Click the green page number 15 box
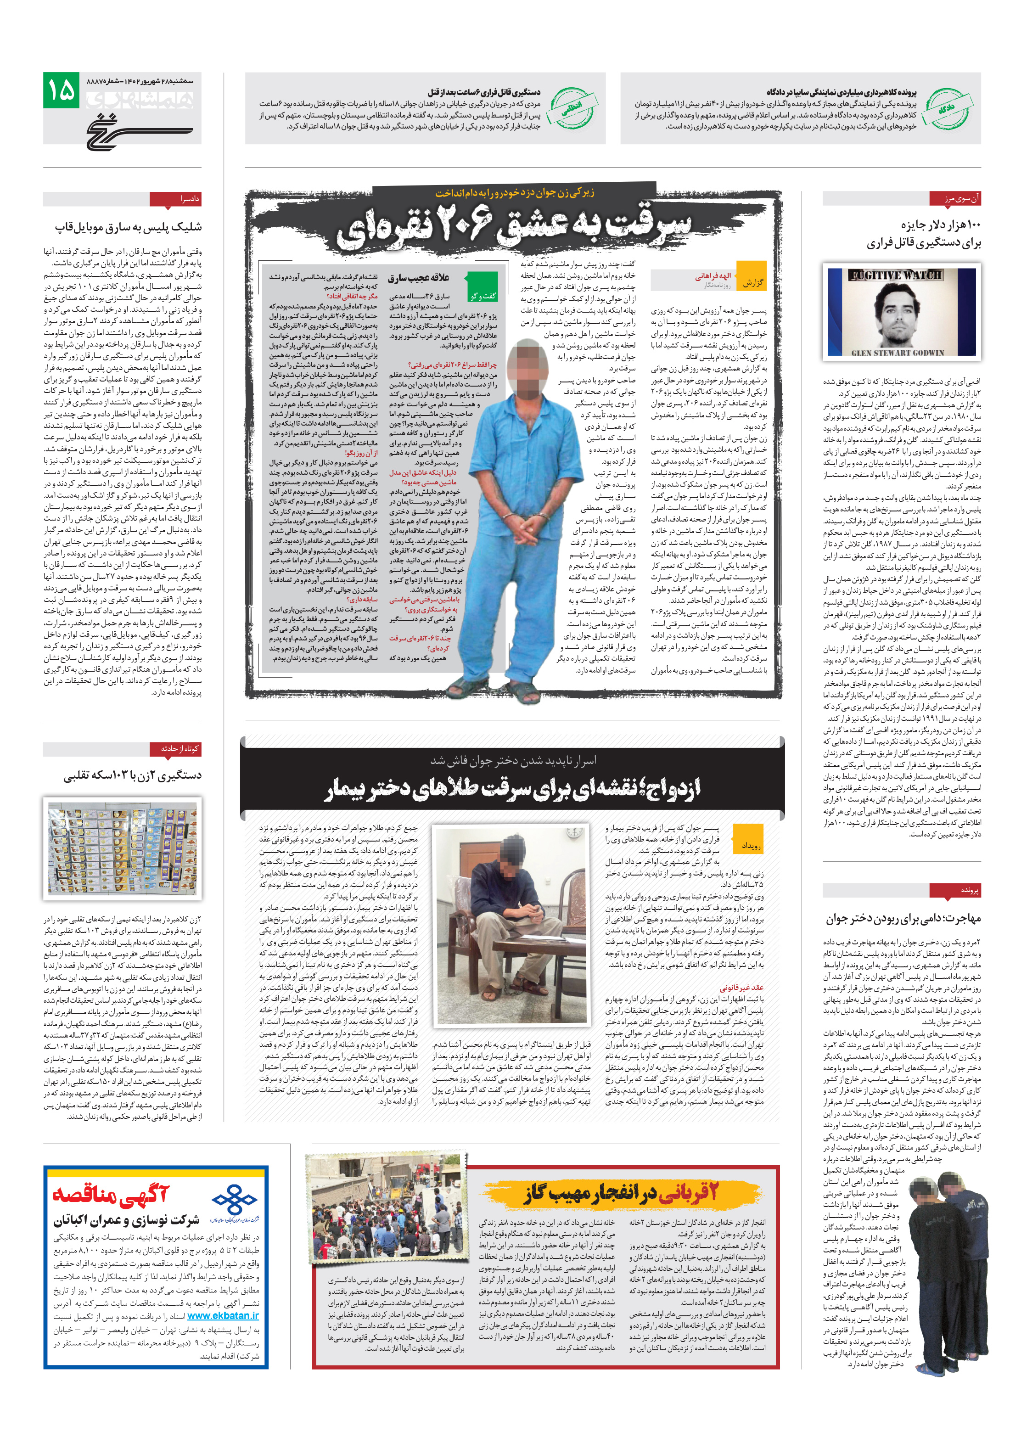61,89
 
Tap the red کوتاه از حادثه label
175,748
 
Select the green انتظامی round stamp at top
570,109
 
